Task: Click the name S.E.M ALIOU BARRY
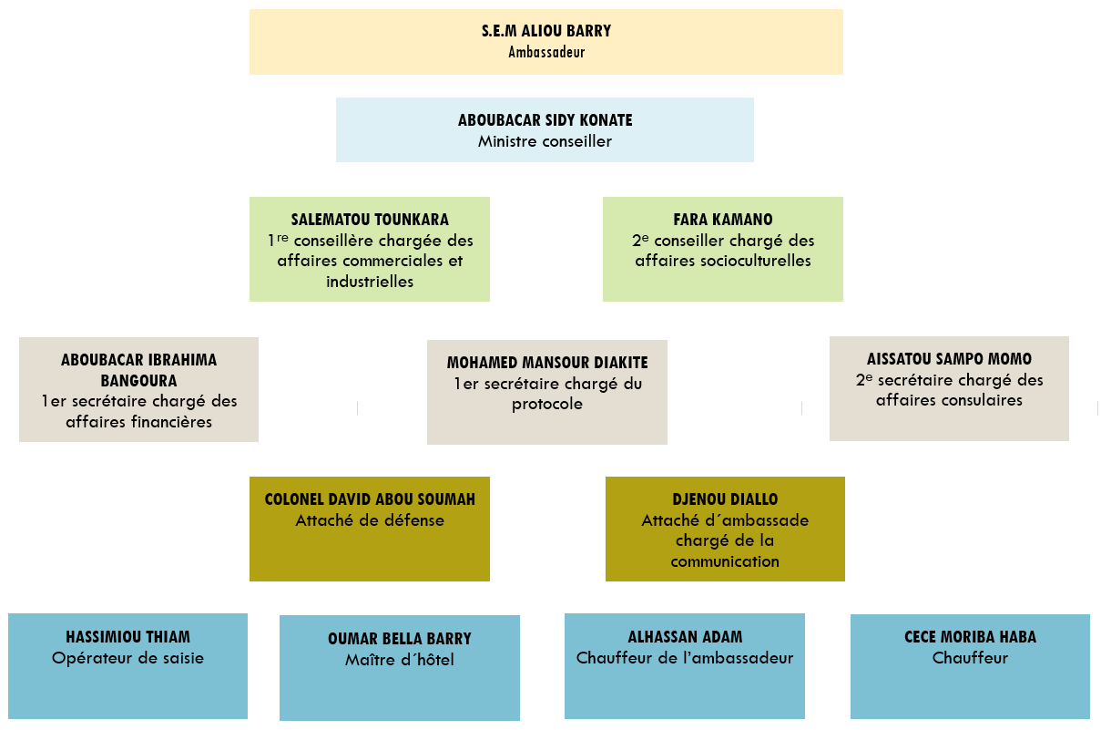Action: (x=546, y=31)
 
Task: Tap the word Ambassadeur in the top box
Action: (x=546, y=52)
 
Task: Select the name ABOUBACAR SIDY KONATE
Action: (x=545, y=120)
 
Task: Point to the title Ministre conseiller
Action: (x=545, y=141)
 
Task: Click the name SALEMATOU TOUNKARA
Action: (x=370, y=220)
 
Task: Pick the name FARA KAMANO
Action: (x=723, y=220)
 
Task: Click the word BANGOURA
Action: (x=138, y=380)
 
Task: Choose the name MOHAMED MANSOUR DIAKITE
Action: (x=547, y=363)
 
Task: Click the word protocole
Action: (x=546, y=404)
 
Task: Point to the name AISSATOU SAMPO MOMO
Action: (x=949, y=359)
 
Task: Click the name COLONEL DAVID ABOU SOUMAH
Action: (x=370, y=499)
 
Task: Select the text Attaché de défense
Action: (x=370, y=520)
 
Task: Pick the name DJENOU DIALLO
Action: (x=725, y=499)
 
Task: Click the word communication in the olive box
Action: (x=725, y=561)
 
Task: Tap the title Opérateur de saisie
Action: (x=127, y=658)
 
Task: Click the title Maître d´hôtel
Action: (x=399, y=660)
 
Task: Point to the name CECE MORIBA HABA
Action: (x=970, y=637)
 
